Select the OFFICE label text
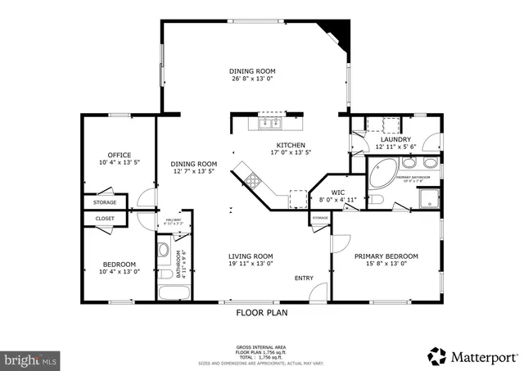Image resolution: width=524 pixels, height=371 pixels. pyautogui.click(x=120, y=155)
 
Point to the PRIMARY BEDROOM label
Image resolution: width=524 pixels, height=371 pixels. pyautogui.click(x=386, y=256)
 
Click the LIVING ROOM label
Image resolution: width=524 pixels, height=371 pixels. pyautogui.click(x=250, y=256)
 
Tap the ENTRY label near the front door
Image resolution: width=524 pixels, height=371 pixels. pyautogui.click(x=304, y=278)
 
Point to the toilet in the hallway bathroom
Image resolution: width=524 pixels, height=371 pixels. pyautogui.click(x=163, y=251)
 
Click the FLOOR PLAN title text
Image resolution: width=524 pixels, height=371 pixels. pyautogui.click(x=261, y=312)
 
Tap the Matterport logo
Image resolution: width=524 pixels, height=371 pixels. pyautogui.click(x=473, y=356)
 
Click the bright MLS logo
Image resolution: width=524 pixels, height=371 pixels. pyautogui.click(x=30, y=359)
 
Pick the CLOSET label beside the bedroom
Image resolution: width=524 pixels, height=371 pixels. pyautogui.click(x=105, y=219)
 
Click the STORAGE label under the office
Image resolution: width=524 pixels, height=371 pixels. pyautogui.click(x=104, y=202)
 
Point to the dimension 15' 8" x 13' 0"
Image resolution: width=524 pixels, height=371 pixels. pyautogui.click(x=386, y=264)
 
